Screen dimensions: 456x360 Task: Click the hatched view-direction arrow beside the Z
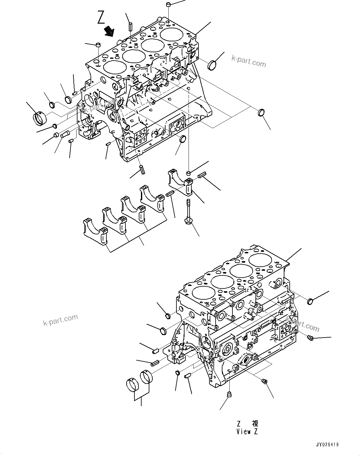tap(109, 31)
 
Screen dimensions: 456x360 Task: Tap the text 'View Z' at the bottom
tap(247, 431)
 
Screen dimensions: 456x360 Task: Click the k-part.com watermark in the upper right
tap(249, 61)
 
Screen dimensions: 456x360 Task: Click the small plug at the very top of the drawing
tap(168, 5)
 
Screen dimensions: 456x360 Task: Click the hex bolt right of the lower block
tap(310, 337)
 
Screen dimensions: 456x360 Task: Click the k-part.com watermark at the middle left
tap(60, 320)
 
